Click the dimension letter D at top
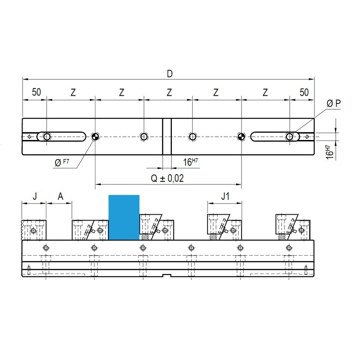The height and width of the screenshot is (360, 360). [170, 74]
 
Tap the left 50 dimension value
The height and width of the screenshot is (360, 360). [36, 92]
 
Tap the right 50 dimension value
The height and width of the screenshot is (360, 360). [304, 92]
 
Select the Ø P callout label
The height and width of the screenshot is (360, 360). [333, 103]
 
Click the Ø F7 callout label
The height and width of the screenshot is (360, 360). [62, 162]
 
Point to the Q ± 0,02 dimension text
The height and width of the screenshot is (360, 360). [167, 178]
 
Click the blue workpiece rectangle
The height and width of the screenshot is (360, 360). [124, 217]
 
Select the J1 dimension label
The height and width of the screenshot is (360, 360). [225, 196]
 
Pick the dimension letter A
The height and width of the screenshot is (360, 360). [60, 197]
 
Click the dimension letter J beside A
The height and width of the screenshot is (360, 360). [35, 197]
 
